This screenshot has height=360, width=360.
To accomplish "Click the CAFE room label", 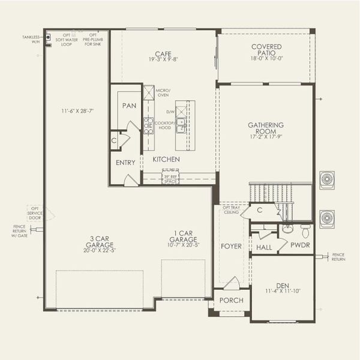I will (158, 53).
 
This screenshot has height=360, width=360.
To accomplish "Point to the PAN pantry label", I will (129, 106).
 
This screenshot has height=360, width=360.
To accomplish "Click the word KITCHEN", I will (166, 159).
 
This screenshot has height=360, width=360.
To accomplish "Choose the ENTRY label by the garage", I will (125, 163).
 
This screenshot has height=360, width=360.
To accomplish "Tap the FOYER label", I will (231, 246).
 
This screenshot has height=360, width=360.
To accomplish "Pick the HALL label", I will (264, 247).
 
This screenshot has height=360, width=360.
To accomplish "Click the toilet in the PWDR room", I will (305, 230).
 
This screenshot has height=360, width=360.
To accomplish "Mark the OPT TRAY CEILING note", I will (231, 209).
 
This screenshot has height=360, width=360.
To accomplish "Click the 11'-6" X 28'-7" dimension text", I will (77, 111).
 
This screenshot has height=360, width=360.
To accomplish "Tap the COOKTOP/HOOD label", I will (164, 125).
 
